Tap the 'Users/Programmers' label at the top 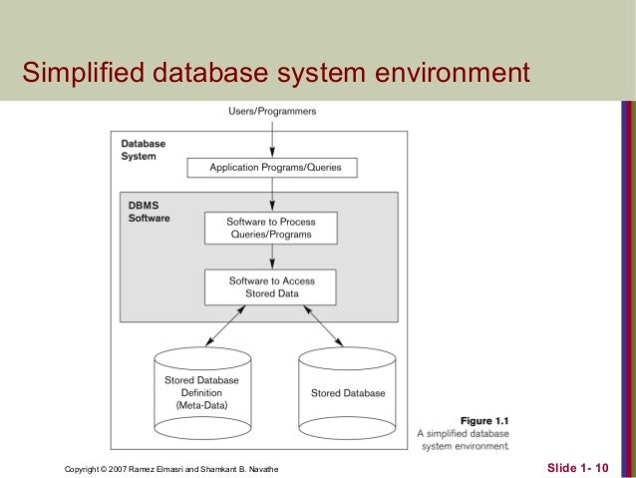click(x=274, y=111)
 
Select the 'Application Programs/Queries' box click(x=274, y=168)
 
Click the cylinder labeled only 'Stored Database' click(x=348, y=393)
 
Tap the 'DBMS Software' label click(x=149, y=211)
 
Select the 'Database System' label click(x=143, y=150)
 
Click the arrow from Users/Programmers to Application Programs click(x=274, y=137)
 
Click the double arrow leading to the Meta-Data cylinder click(x=226, y=325)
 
